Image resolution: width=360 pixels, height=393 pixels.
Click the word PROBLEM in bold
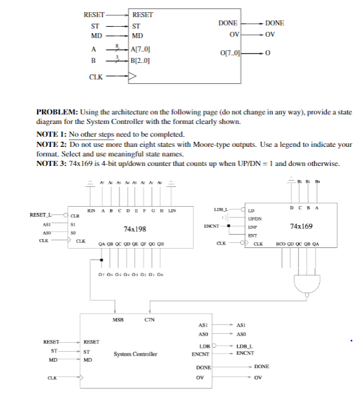pyautogui.click(x=58, y=113)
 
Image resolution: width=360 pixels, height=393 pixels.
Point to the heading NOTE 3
pyautogui.click(x=52, y=163)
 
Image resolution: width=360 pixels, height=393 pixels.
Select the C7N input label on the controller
pyautogui.click(x=150, y=319)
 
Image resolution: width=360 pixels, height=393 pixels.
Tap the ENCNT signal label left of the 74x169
pyautogui.click(x=212, y=226)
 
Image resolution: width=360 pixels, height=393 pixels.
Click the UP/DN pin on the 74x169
pyautogui.click(x=256, y=218)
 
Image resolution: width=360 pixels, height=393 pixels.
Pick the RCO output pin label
pyautogui.click(x=281, y=244)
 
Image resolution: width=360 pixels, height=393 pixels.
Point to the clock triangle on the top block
pyautogui.click(x=132, y=77)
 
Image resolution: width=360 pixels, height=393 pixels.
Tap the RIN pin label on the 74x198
pyautogui.click(x=92, y=210)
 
